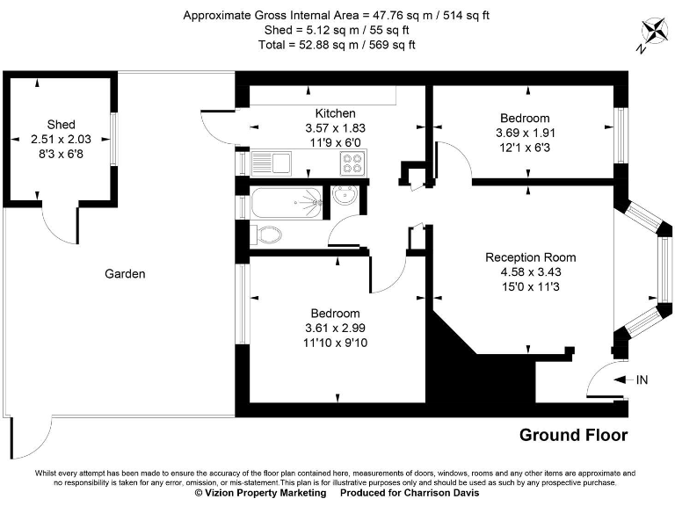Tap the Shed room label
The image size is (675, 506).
(62, 124)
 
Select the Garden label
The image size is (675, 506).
(125, 274)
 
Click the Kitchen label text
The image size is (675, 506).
(336, 113)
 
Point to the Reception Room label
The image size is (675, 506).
(531, 257)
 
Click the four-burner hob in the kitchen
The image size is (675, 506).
(352, 163)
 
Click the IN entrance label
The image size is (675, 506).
(642, 379)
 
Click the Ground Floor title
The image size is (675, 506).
(573, 435)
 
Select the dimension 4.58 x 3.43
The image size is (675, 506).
(531, 271)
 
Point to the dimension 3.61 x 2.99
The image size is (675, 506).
(335, 328)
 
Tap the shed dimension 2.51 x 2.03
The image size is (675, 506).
(62, 139)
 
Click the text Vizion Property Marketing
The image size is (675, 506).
(260, 493)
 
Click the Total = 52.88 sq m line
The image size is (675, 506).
(337, 44)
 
